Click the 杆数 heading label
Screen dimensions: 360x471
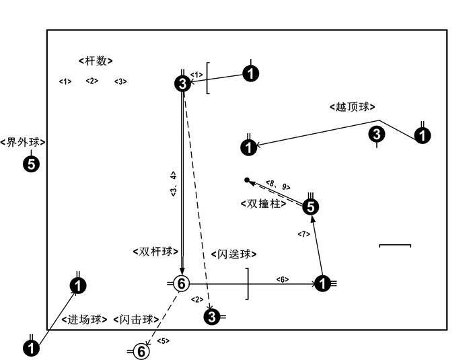(96, 61)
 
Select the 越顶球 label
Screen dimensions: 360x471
(352, 106)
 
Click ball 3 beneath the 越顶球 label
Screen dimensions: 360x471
(377, 134)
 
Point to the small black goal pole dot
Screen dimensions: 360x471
(247, 180)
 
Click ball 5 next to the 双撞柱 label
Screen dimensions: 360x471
(310, 207)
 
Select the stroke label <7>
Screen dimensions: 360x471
(303, 233)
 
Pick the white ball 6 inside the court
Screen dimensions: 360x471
(181, 284)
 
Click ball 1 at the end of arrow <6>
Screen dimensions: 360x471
(323, 284)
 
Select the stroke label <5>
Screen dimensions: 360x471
(163, 340)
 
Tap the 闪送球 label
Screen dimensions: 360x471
(234, 254)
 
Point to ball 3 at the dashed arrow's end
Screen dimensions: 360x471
(213, 316)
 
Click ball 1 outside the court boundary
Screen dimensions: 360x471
(31, 347)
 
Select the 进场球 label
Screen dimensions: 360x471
(84, 320)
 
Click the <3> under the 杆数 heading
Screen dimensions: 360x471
(120, 81)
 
